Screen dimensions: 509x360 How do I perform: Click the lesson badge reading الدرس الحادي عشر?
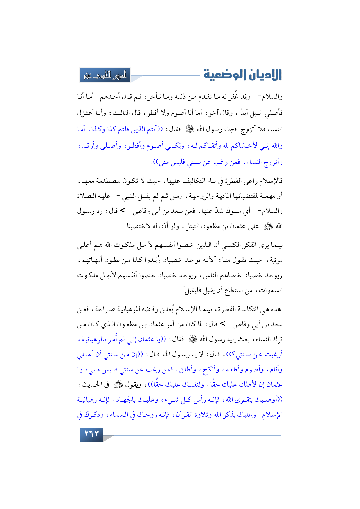(105, 75)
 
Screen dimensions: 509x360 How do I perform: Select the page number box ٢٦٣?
(91, 434)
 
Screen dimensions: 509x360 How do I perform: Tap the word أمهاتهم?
(90, 260)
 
